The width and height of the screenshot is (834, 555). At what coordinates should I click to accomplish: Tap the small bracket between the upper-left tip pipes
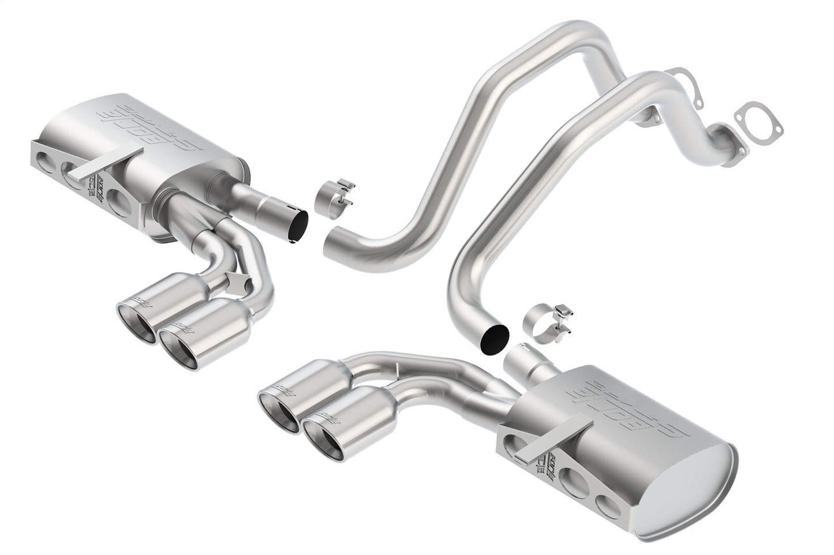pos(238,282)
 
